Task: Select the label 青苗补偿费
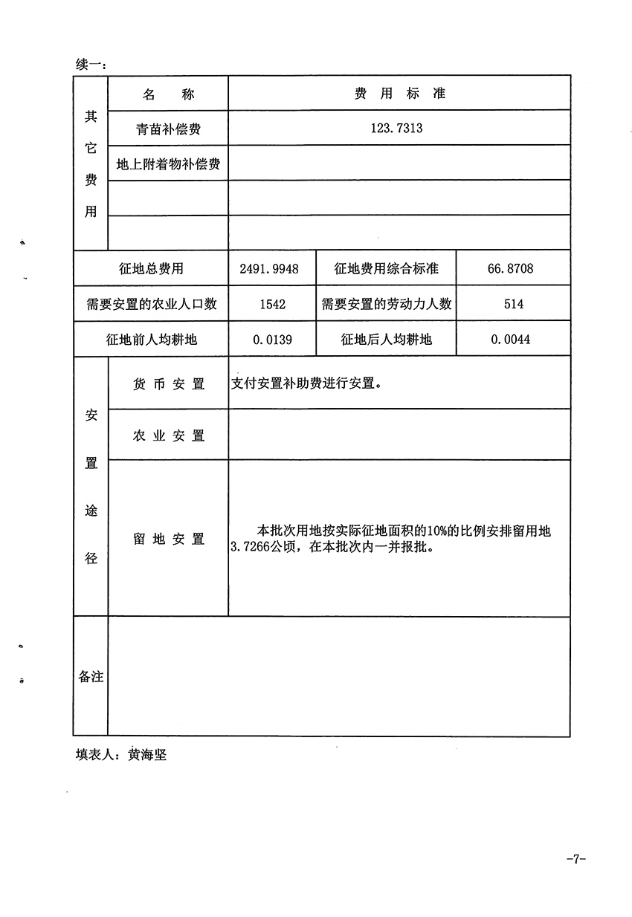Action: pyautogui.click(x=168, y=129)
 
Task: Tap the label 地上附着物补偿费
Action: pyautogui.click(x=168, y=163)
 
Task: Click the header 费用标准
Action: pyautogui.click(x=399, y=94)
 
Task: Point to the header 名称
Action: pyautogui.click(x=168, y=94)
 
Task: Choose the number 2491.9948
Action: pyautogui.click(x=269, y=268)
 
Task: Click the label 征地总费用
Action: pyautogui.click(x=151, y=268)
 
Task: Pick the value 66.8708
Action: pyautogui.click(x=510, y=268)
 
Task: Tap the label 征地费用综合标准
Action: pyautogui.click(x=386, y=268)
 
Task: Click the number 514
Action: pyautogui.click(x=513, y=304)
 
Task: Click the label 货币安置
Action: pyautogui.click(x=169, y=384)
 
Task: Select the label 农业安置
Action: pyautogui.click(x=169, y=435)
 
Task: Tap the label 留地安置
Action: pyautogui.click(x=169, y=539)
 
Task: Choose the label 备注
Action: pyautogui.click(x=91, y=677)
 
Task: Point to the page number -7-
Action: pyautogui.click(x=576, y=859)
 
